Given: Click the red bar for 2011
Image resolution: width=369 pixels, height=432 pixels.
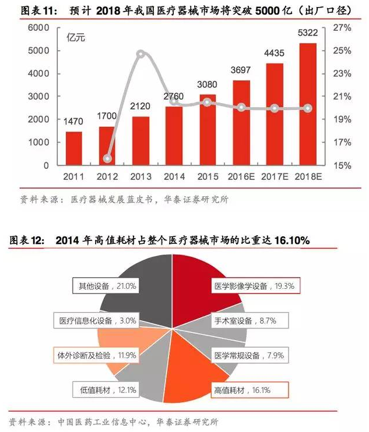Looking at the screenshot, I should pos(73,148).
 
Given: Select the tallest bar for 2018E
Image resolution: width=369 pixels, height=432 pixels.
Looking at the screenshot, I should pos(308,105).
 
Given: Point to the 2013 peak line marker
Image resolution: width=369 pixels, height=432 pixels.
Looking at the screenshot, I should pos(140,54).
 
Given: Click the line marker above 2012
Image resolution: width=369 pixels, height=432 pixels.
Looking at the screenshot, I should pos(107,158).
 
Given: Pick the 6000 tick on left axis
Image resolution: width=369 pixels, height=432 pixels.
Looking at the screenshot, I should pos(39,28).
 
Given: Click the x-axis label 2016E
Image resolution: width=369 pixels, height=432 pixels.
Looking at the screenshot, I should pos(241,176).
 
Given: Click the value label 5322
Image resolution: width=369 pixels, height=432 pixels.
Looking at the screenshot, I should pos(308,33).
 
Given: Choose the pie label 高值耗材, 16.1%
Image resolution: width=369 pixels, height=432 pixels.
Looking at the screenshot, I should pos(245,388).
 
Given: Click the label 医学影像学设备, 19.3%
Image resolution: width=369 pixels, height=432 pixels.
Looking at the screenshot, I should pos(255,286).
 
